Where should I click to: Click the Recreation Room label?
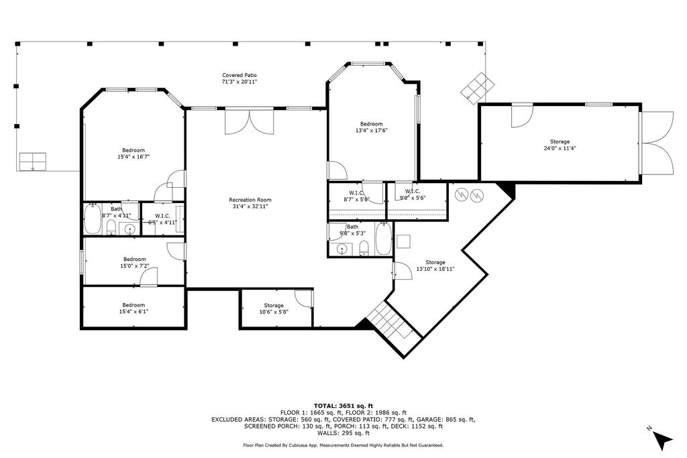point(250,200)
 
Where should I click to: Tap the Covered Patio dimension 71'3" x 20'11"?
point(240,82)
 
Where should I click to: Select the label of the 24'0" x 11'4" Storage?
point(560,141)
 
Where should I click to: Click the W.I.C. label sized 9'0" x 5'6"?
point(413,192)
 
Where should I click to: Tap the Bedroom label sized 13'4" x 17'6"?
point(371,124)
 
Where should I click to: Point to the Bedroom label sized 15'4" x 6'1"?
point(133,305)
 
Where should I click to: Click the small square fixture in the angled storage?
point(403,241)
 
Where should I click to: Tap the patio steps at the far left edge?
point(33,161)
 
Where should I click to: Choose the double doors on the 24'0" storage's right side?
point(655,143)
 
